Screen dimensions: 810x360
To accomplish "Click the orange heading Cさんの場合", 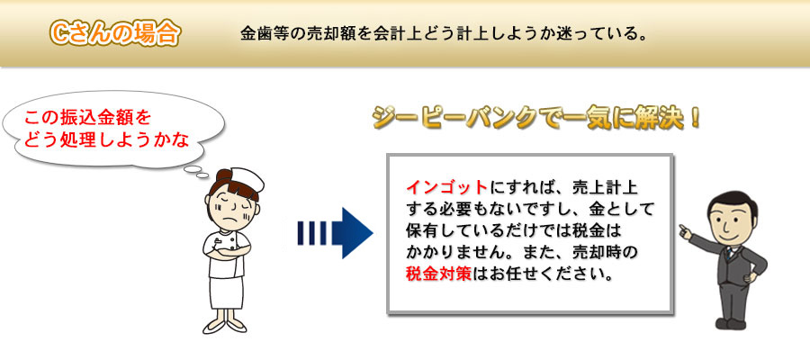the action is tap(114, 34).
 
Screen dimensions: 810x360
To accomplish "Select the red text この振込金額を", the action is tap(88, 118).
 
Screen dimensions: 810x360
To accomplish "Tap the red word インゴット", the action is tap(446, 186).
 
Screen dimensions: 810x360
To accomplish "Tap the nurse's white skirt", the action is tap(226, 292).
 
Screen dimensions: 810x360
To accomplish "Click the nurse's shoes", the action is tap(225, 326).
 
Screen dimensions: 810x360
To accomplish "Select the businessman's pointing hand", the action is tap(686, 231).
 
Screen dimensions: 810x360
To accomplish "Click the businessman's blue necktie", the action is tap(729, 253).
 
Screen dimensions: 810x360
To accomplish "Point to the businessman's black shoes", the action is tap(729, 324).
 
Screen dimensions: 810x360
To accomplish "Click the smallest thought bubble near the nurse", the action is tap(202, 175).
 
